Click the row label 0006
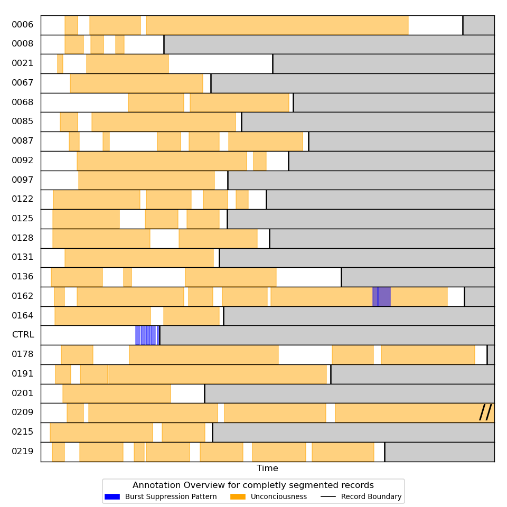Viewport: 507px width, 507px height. pyautogui.click(x=23, y=25)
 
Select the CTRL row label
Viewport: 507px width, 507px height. pyautogui.click(x=23, y=335)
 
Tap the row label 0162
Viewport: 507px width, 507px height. pyautogui.click(x=23, y=296)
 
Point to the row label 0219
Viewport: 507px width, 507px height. pyautogui.click(x=23, y=452)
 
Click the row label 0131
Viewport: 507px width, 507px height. pyautogui.click(x=23, y=257)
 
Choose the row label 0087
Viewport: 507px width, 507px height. pyautogui.click(x=23, y=141)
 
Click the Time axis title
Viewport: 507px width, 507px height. pyautogui.click(x=267, y=468)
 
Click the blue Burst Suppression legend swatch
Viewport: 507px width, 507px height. pyautogui.click(x=112, y=497)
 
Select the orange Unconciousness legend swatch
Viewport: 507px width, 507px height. pyautogui.click(x=238, y=497)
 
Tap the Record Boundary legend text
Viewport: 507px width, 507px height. pyautogui.click(x=371, y=497)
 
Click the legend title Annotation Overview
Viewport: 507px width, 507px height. pyautogui.click(x=253, y=485)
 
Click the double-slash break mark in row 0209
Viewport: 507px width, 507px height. pyautogui.click(x=485, y=412)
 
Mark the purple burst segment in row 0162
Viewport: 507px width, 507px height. pyautogui.click(x=382, y=296)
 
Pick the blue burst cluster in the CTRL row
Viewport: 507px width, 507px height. pyautogui.click(x=146, y=335)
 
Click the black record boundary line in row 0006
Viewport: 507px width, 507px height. pyautogui.click(x=463, y=25)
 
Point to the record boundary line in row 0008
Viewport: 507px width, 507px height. pyautogui.click(x=164, y=44)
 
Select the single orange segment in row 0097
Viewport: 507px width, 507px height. pyautogui.click(x=146, y=180)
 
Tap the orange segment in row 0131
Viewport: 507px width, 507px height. pyautogui.click(x=139, y=258)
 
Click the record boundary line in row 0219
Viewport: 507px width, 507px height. pyautogui.click(x=384, y=452)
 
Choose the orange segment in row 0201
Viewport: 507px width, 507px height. pyautogui.click(x=117, y=393)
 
